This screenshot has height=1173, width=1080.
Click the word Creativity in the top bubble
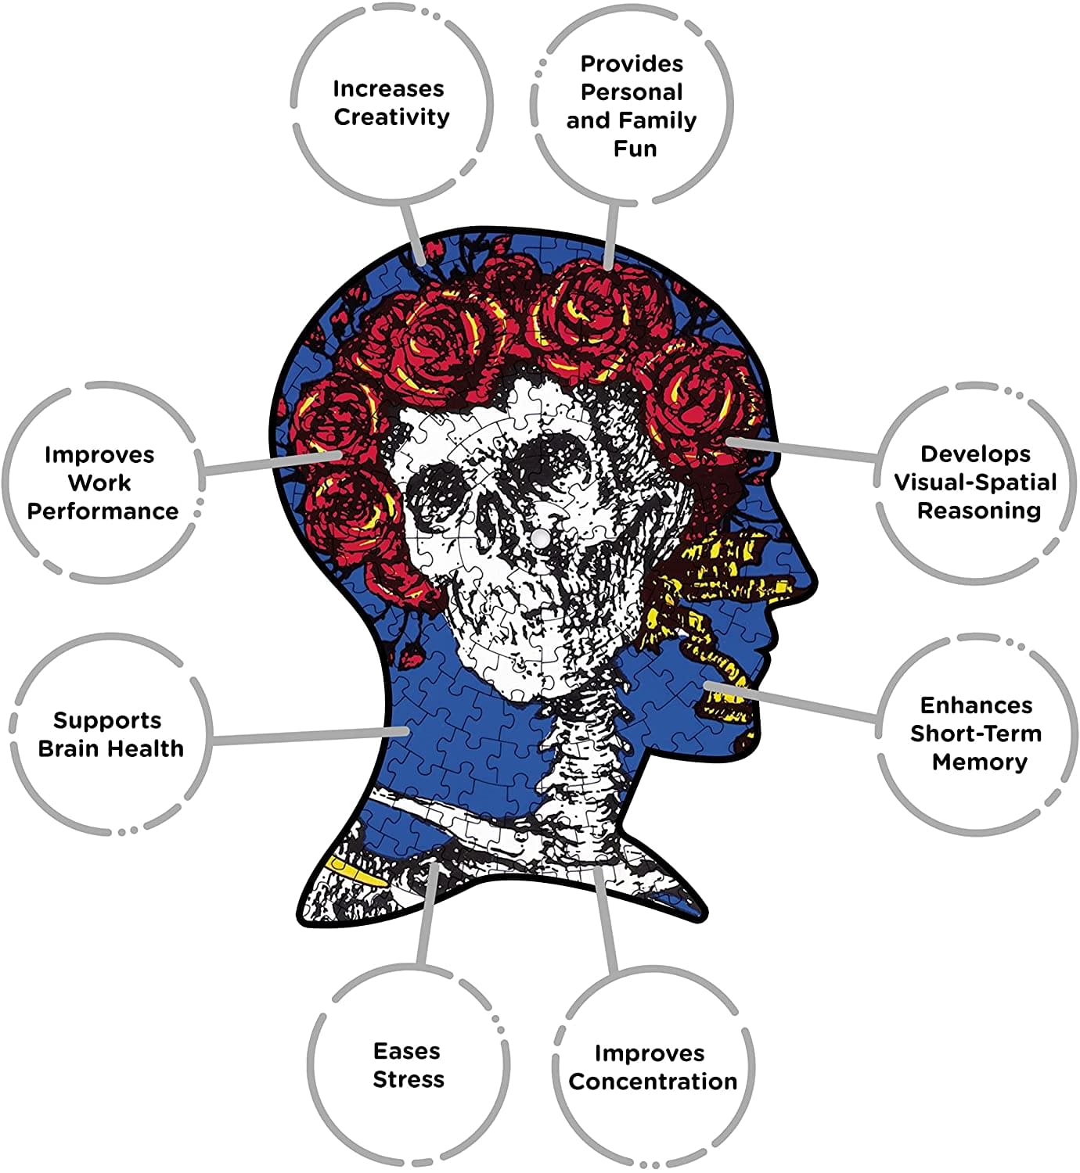click(x=391, y=117)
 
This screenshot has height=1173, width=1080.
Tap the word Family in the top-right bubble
click(x=663, y=120)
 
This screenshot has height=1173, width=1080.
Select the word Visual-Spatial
click(x=975, y=482)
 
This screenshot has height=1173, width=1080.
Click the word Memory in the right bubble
click(x=980, y=762)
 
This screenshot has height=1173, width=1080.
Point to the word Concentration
click(x=653, y=1082)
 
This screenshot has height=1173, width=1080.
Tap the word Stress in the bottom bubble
click(x=409, y=1079)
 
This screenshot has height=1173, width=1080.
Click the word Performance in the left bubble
click(x=103, y=511)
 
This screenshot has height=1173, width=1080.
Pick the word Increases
click(x=389, y=89)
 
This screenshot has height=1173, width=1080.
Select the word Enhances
click(x=977, y=705)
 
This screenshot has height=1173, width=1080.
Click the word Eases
click(x=407, y=1051)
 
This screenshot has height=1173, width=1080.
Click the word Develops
click(x=976, y=454)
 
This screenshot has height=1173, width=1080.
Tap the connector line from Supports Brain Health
click(x=310, y=736)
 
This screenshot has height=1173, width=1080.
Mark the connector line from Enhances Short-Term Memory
click(x=791, y=701)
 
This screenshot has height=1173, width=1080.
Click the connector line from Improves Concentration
click(x=605, y=922)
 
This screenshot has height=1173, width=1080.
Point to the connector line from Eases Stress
click(x=427, y=913)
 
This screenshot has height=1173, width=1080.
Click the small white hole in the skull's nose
click(x=542, y=538)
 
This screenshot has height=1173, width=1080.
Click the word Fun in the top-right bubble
click(x=635, y=149)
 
